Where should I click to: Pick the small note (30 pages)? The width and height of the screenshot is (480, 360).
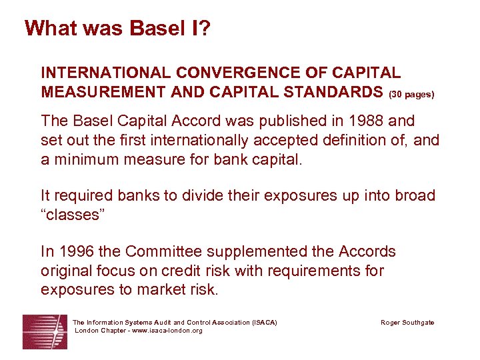[x=411, y=94]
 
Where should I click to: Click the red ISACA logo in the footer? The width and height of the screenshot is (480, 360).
[x=45, y=331]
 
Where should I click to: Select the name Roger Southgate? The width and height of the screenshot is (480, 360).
[x=407, y=323]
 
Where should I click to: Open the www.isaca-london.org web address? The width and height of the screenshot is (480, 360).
[x=163, y=331]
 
